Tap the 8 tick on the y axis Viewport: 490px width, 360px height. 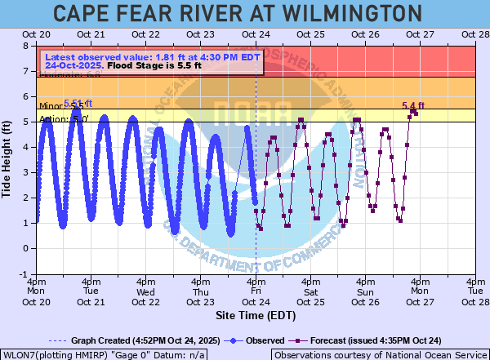tap(26, 47)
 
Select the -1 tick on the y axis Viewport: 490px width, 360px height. tap(24, 274)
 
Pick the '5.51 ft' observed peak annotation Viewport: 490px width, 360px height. tap(78, 103)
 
